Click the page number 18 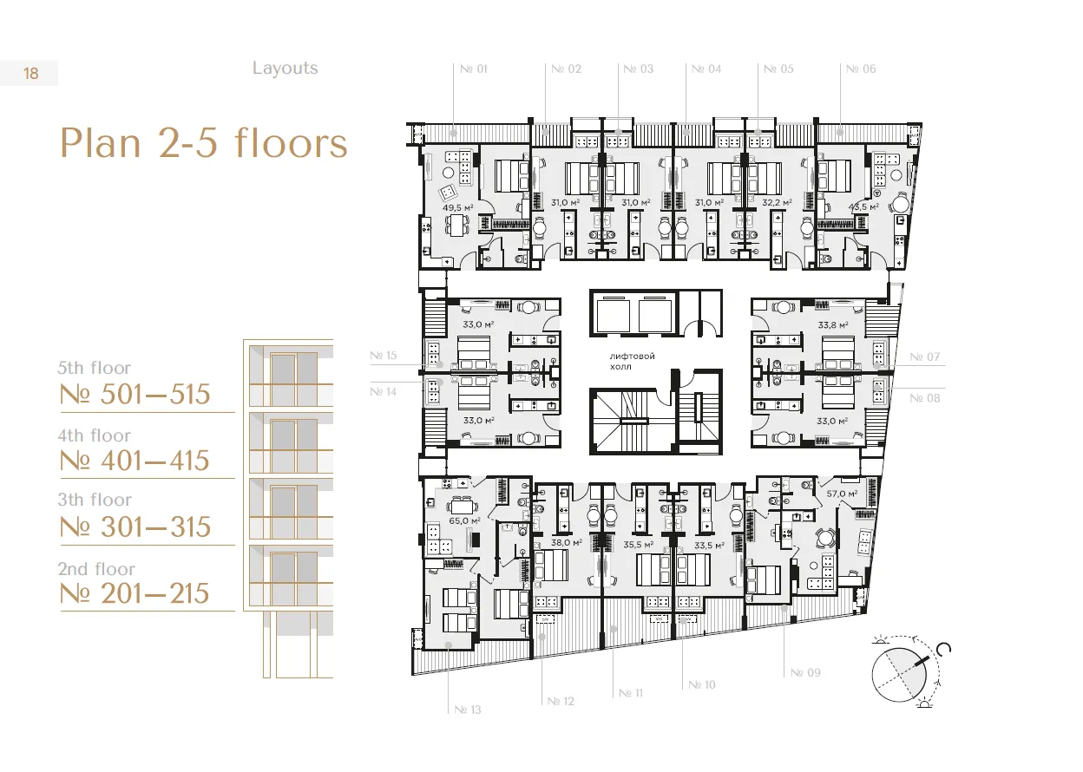point(31,74)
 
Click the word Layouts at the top point(286,69)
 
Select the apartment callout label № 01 point(474,69)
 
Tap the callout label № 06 point(861,69)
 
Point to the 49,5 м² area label point(458,208)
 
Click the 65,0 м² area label point(464,520)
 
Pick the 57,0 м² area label point(842,494)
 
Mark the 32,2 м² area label point(777,203)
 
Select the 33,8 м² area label point(833,325)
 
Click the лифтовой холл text point(632,361)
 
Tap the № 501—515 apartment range point(135,394)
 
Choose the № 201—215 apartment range point(135,593)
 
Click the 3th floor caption point(95,500)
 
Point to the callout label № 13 point(468,710)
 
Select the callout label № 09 point(805,672)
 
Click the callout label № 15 point(384,356)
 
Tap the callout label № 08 point(925,398)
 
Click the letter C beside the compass point(943,649)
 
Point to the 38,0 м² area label point(566,543)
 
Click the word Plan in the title point(100,143)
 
